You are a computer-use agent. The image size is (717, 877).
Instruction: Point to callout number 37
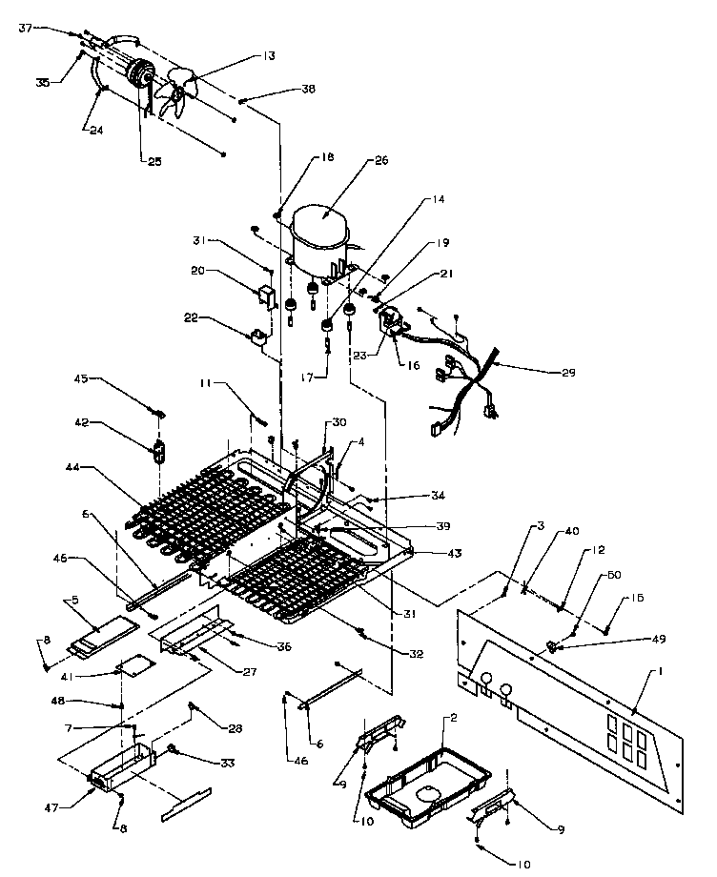26,28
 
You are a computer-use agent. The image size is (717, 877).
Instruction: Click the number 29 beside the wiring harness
567,373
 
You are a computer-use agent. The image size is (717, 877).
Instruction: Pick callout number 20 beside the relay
197,270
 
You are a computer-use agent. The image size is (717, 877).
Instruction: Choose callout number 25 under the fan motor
154,162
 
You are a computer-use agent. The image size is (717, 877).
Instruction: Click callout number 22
192,317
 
